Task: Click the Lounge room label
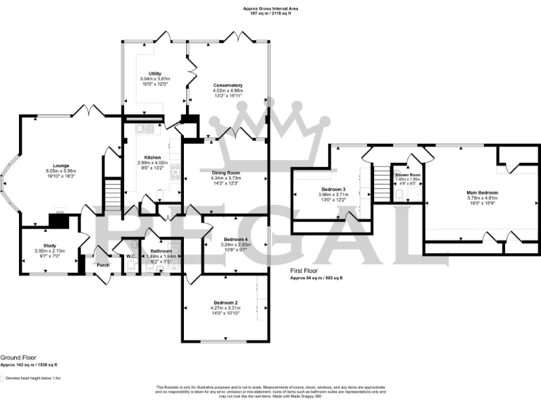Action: (x=61, y=166)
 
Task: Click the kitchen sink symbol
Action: (x=145, y=128)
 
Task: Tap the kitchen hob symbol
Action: (x=175, y=169)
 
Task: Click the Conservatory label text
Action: (x=228, y=85)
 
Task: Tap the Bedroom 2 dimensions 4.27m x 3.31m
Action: (x=225, y=308)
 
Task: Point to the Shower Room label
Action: (x=407, y=174)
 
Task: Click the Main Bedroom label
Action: (x=482, y=192)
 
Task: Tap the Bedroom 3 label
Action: (x=333, y=190)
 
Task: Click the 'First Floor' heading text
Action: (x=304, y=271)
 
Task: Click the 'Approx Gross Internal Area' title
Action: (x=270, y=8)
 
